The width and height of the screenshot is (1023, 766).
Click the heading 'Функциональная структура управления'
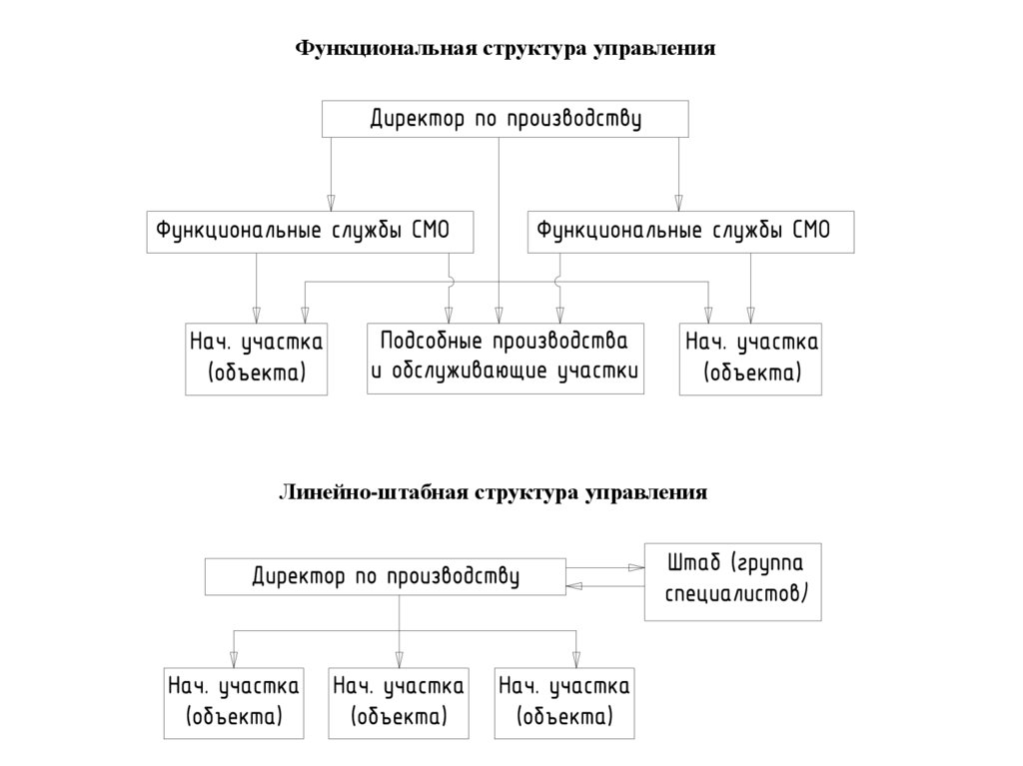coord(505,48)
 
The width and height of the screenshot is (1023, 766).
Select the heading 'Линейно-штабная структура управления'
coord(493,492)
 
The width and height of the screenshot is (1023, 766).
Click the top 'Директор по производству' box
coord(505,119)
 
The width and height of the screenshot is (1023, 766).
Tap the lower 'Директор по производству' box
coord(385,577)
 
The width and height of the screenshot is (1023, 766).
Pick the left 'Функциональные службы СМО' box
coord(311,232)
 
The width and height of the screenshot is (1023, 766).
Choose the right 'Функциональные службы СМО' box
coord(691,232)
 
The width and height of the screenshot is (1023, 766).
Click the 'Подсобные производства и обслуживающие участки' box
coord(506,358)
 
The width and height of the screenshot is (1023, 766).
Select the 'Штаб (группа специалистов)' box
coord(732,580)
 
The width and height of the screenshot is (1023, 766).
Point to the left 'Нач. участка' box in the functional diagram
coord(257,359)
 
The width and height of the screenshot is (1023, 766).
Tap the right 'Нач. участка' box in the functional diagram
coord(751,359)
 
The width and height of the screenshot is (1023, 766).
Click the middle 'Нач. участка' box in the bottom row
coord(399,702)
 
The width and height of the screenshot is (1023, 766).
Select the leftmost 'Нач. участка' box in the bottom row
coord(234,702)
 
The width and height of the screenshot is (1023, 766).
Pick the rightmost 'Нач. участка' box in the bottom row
coord(564,702)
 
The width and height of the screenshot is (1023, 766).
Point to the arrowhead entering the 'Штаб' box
coord(636,567)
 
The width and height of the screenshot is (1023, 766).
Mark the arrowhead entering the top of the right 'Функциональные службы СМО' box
coord(678,202)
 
